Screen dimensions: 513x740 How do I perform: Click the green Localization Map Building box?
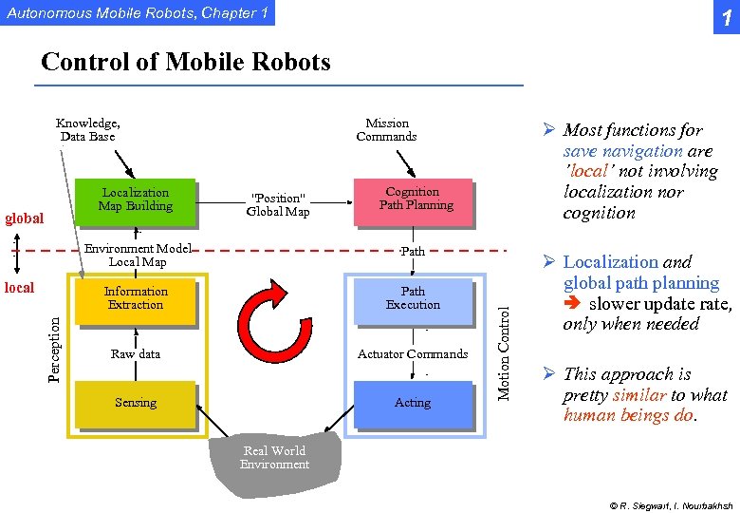click(137, 199)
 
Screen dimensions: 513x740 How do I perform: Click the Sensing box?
click(136, 403)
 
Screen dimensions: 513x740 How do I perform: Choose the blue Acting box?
click(413, 403)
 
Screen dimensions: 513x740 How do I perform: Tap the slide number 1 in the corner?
click(724, 16)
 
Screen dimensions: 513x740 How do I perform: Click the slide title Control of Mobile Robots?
click(186, 63)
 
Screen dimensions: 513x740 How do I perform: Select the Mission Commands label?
click(387, 130)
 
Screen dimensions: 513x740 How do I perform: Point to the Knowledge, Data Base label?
click(87, 130)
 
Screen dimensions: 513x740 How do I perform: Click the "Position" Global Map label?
click(278, 205)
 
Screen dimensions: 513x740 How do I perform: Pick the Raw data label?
click(136, 354)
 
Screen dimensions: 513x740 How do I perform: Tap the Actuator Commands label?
click(413, 354)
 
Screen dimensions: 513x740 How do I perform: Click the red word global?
click(24, 218)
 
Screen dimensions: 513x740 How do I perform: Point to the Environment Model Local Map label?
click(138, 256)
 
